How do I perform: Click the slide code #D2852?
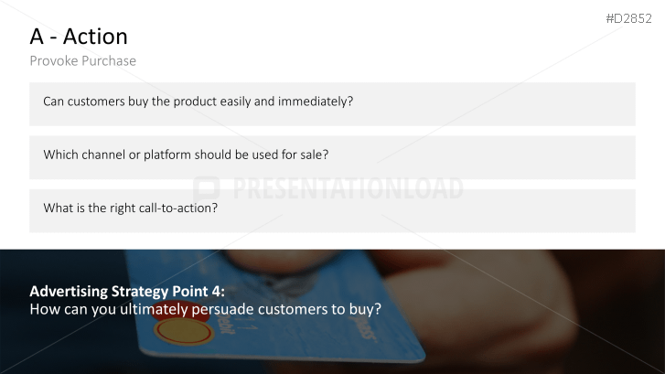point(629,18)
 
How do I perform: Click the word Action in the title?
point(95,37)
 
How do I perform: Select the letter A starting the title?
point(37,37)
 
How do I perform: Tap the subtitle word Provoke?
point(54,61)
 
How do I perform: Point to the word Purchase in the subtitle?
point(109,61)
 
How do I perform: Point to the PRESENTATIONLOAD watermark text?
point(348,188)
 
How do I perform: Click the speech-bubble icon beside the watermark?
point(207,188)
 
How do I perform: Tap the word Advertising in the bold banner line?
point(69,292)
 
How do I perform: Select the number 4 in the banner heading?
point(218,292)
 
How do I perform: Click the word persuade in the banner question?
point(222,309)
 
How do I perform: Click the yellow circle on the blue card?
point(183,331)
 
